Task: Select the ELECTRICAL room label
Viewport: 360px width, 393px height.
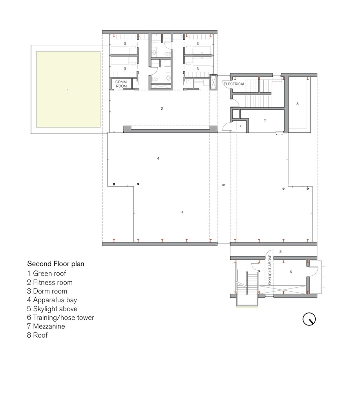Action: click(234, 84)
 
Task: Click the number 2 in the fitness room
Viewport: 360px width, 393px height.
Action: click(162, 108)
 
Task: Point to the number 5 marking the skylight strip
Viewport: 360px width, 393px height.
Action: click(224, 184)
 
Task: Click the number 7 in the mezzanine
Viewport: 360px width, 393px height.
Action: click(265, 121)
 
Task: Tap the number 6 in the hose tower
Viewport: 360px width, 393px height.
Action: click(291, 272)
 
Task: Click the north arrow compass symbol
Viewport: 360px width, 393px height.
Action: click(309, 319)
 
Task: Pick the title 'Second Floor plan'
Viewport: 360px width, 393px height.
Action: click(55, 264)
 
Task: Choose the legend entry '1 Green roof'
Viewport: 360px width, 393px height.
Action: click(46, 273)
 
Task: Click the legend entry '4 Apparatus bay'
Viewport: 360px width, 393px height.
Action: click(52, 300)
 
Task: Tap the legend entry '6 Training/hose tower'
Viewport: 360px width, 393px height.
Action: click(60, 318)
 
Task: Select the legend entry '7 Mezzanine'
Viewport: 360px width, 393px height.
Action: click(46, 327)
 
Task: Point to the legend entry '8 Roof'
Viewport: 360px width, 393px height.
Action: click(37, 336)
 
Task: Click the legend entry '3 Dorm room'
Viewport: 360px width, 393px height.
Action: click(47, 291)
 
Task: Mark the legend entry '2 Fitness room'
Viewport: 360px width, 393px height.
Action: click(49, 282)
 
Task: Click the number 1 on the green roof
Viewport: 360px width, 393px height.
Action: click(68, 90)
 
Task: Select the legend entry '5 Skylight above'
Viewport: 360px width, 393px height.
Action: click(52, 309)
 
